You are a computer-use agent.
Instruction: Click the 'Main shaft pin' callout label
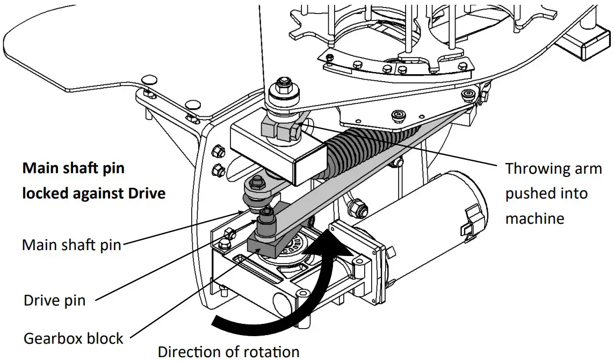[x=72, y=245]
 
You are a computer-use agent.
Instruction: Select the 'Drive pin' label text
[x=54, y=300]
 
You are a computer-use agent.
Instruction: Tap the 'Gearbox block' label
[x=74, y=338]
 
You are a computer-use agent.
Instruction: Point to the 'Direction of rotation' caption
[x=228, y=352]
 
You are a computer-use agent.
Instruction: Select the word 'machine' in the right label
[x=534, y=218]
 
